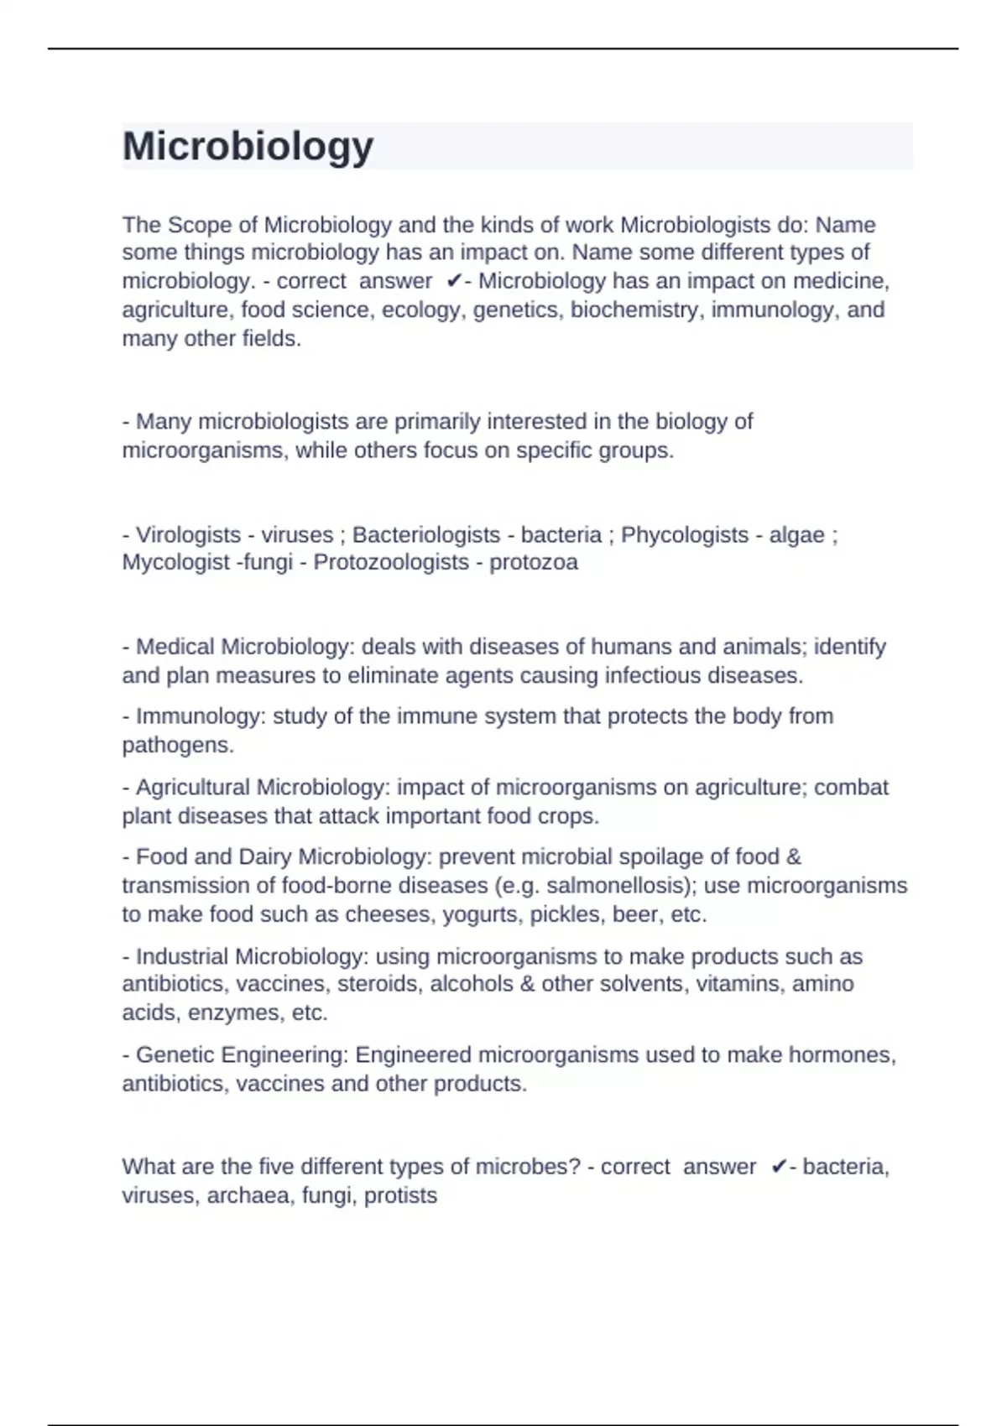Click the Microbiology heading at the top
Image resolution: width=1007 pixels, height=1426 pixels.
[x=248, y=147]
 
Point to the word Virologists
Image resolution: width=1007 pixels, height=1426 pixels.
[x=188, y=535]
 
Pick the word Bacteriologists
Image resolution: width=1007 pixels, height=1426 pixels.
[x=425, y=535]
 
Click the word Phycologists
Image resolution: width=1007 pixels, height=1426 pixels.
[x=684, y=535]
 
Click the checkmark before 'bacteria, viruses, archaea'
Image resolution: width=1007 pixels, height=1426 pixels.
[x=778, y=1167]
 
